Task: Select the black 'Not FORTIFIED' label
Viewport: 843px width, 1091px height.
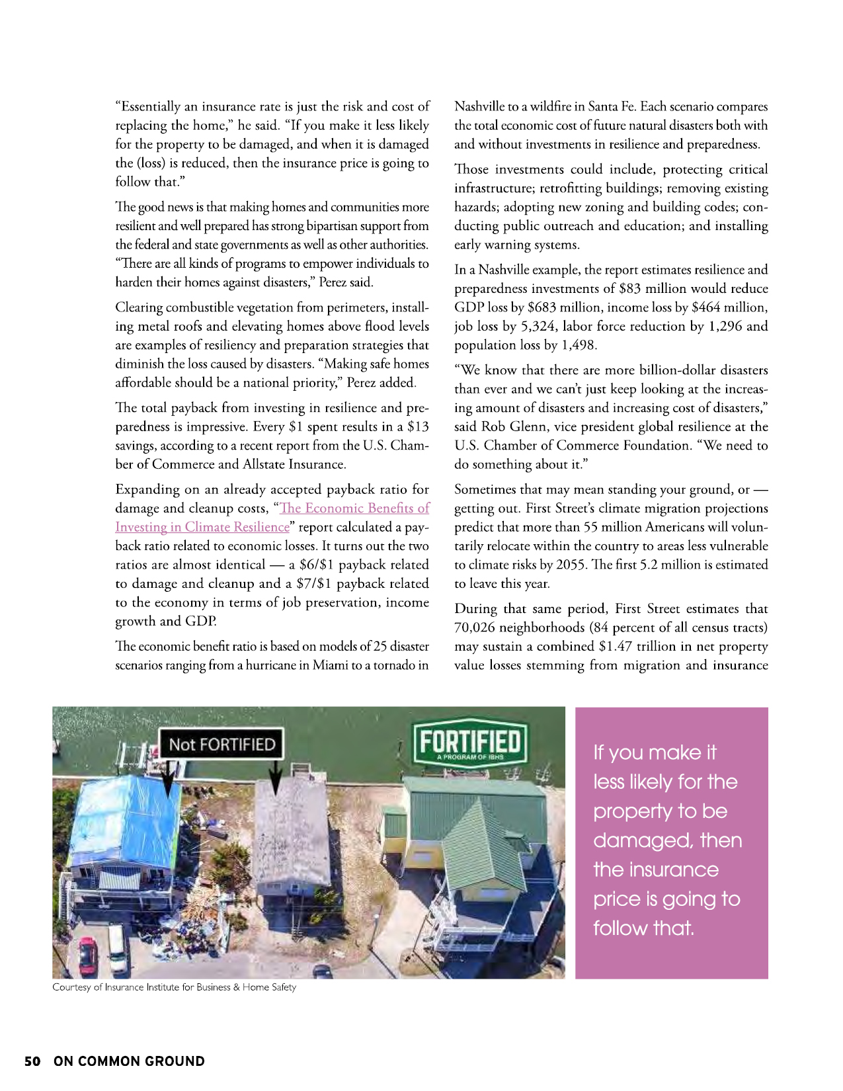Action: (x=221, y=745)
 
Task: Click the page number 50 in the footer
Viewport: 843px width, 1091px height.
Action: (x=32, y=1061)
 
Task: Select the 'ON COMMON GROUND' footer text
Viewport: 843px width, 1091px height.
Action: (x=129, y=1061)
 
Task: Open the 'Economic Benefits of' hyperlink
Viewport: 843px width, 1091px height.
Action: (x=354, y=508)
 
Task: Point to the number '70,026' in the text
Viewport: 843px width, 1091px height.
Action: (x=475, y=627)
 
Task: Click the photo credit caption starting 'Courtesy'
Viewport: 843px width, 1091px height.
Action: (x=174, y=987)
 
